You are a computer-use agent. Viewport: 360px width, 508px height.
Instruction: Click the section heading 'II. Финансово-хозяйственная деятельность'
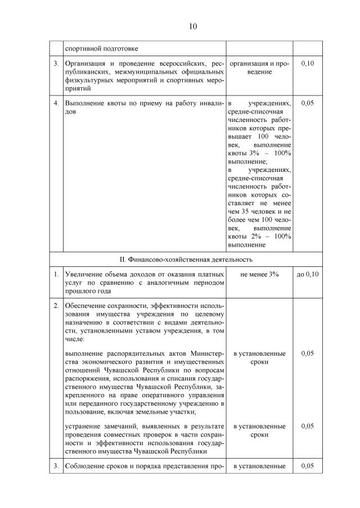click(x=186, y=260)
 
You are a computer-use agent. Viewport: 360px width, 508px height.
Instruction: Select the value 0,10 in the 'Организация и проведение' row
click(x=307, y=63)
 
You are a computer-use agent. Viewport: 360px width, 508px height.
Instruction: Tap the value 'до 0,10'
click(x=307, y=274)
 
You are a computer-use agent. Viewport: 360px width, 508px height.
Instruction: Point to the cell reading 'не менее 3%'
click(x=259, y=274)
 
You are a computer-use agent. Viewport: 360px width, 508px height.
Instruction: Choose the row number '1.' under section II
click(x=56, y=274)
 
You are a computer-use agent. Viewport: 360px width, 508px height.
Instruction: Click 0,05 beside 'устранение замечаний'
click(x=307, y=426)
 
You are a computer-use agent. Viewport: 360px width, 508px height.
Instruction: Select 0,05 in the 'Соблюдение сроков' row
click(x=307, y=466)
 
